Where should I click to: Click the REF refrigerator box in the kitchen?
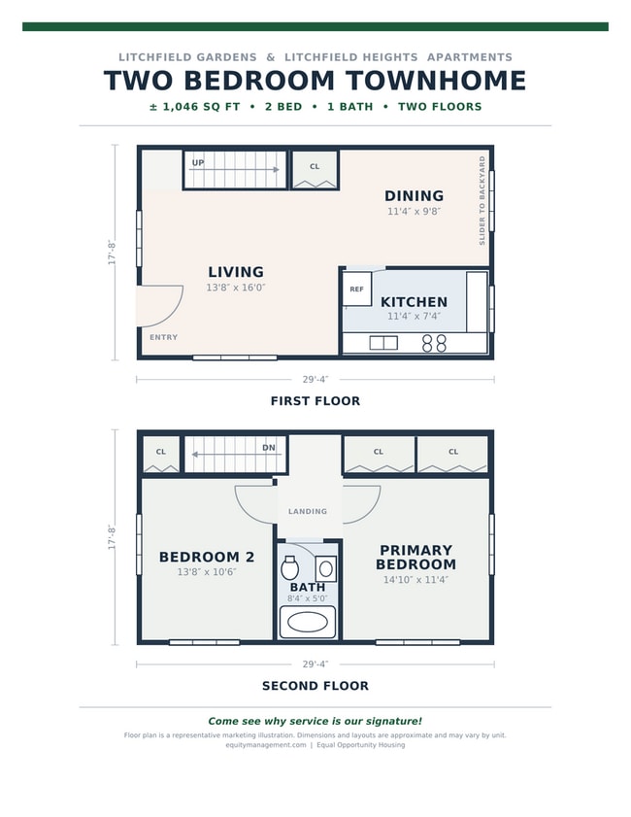point(356,289)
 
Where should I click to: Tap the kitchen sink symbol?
point(383,343)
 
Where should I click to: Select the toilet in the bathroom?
point(289,567)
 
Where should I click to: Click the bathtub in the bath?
point(308,623)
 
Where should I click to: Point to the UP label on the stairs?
point(198,162)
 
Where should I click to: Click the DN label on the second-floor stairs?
point(269,448)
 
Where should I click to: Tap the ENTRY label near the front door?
point(163,337)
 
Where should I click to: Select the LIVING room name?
point(236,271)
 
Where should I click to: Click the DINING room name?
point(414,195)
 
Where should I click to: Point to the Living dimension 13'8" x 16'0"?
point(236,288)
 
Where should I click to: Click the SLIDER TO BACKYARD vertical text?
point(482,200)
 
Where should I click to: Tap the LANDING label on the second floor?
point(308,511)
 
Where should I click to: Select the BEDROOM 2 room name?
point(207,557)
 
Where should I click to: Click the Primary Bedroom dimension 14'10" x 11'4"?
point(416,579)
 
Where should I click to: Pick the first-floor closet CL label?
point(315,167)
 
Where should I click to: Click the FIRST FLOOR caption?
point(315,400)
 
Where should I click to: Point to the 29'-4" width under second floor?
point(315,664)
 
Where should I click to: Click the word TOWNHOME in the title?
point(436,81)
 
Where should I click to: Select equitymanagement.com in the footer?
point(266,745)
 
